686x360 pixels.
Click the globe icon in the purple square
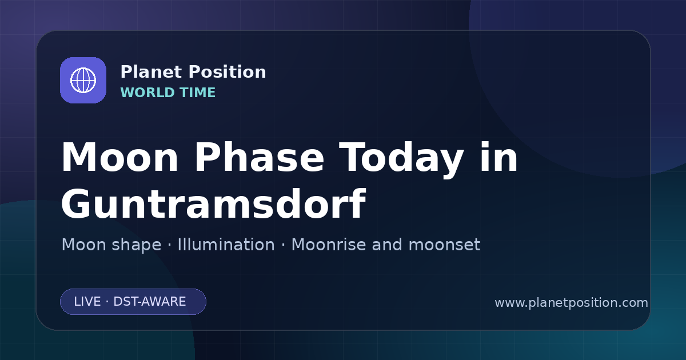83,80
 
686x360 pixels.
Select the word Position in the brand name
228,72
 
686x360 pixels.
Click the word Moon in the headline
119,158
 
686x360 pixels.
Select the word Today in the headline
401,160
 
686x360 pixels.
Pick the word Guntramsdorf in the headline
213,204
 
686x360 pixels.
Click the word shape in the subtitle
136,246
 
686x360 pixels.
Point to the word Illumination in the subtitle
226,245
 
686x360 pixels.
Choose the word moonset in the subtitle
444,245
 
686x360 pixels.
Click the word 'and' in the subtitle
386,245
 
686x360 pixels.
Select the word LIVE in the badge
87,302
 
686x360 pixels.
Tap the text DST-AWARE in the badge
149,302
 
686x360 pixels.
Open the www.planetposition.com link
571,303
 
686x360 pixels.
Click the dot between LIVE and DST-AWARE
107,302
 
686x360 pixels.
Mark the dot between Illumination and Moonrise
283,245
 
